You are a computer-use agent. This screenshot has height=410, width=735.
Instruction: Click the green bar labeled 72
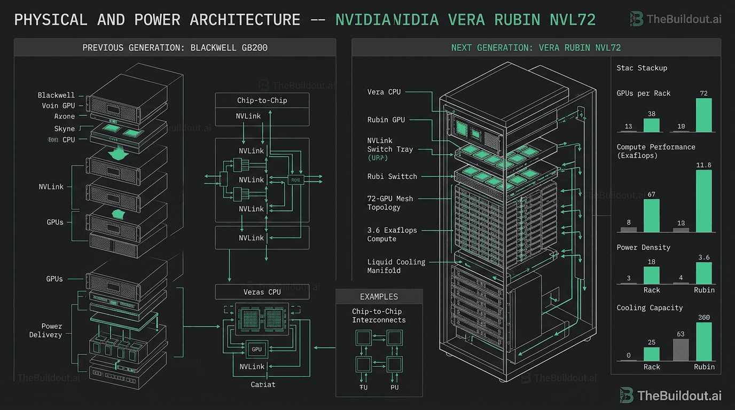704,115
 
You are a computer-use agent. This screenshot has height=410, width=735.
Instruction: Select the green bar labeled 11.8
704,201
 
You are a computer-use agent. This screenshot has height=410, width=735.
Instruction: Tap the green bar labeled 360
704,342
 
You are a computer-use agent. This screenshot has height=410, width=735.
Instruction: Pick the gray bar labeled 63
681,350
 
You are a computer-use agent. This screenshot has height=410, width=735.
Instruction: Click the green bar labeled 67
651,216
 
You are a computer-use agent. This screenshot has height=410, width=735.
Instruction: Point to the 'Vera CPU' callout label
384,92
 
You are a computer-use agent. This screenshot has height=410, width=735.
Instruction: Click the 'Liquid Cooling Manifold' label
396,266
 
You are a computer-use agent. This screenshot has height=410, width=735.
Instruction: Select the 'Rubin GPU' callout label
386,120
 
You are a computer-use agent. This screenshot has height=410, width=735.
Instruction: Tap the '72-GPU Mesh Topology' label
389,202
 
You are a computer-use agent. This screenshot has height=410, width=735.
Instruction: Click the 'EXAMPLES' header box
379,297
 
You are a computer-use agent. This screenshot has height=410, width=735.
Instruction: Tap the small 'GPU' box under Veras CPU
257,349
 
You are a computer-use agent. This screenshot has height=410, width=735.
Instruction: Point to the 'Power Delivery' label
52,330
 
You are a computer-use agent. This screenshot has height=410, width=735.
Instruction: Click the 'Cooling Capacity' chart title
650,307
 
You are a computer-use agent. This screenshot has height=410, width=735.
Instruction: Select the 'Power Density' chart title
643,247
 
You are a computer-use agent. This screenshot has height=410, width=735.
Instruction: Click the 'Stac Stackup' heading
642,68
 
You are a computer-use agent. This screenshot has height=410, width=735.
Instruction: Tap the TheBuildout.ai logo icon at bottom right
627,396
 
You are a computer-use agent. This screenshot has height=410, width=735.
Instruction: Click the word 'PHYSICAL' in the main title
50,20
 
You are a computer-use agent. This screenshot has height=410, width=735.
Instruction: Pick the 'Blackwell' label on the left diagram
56,95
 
